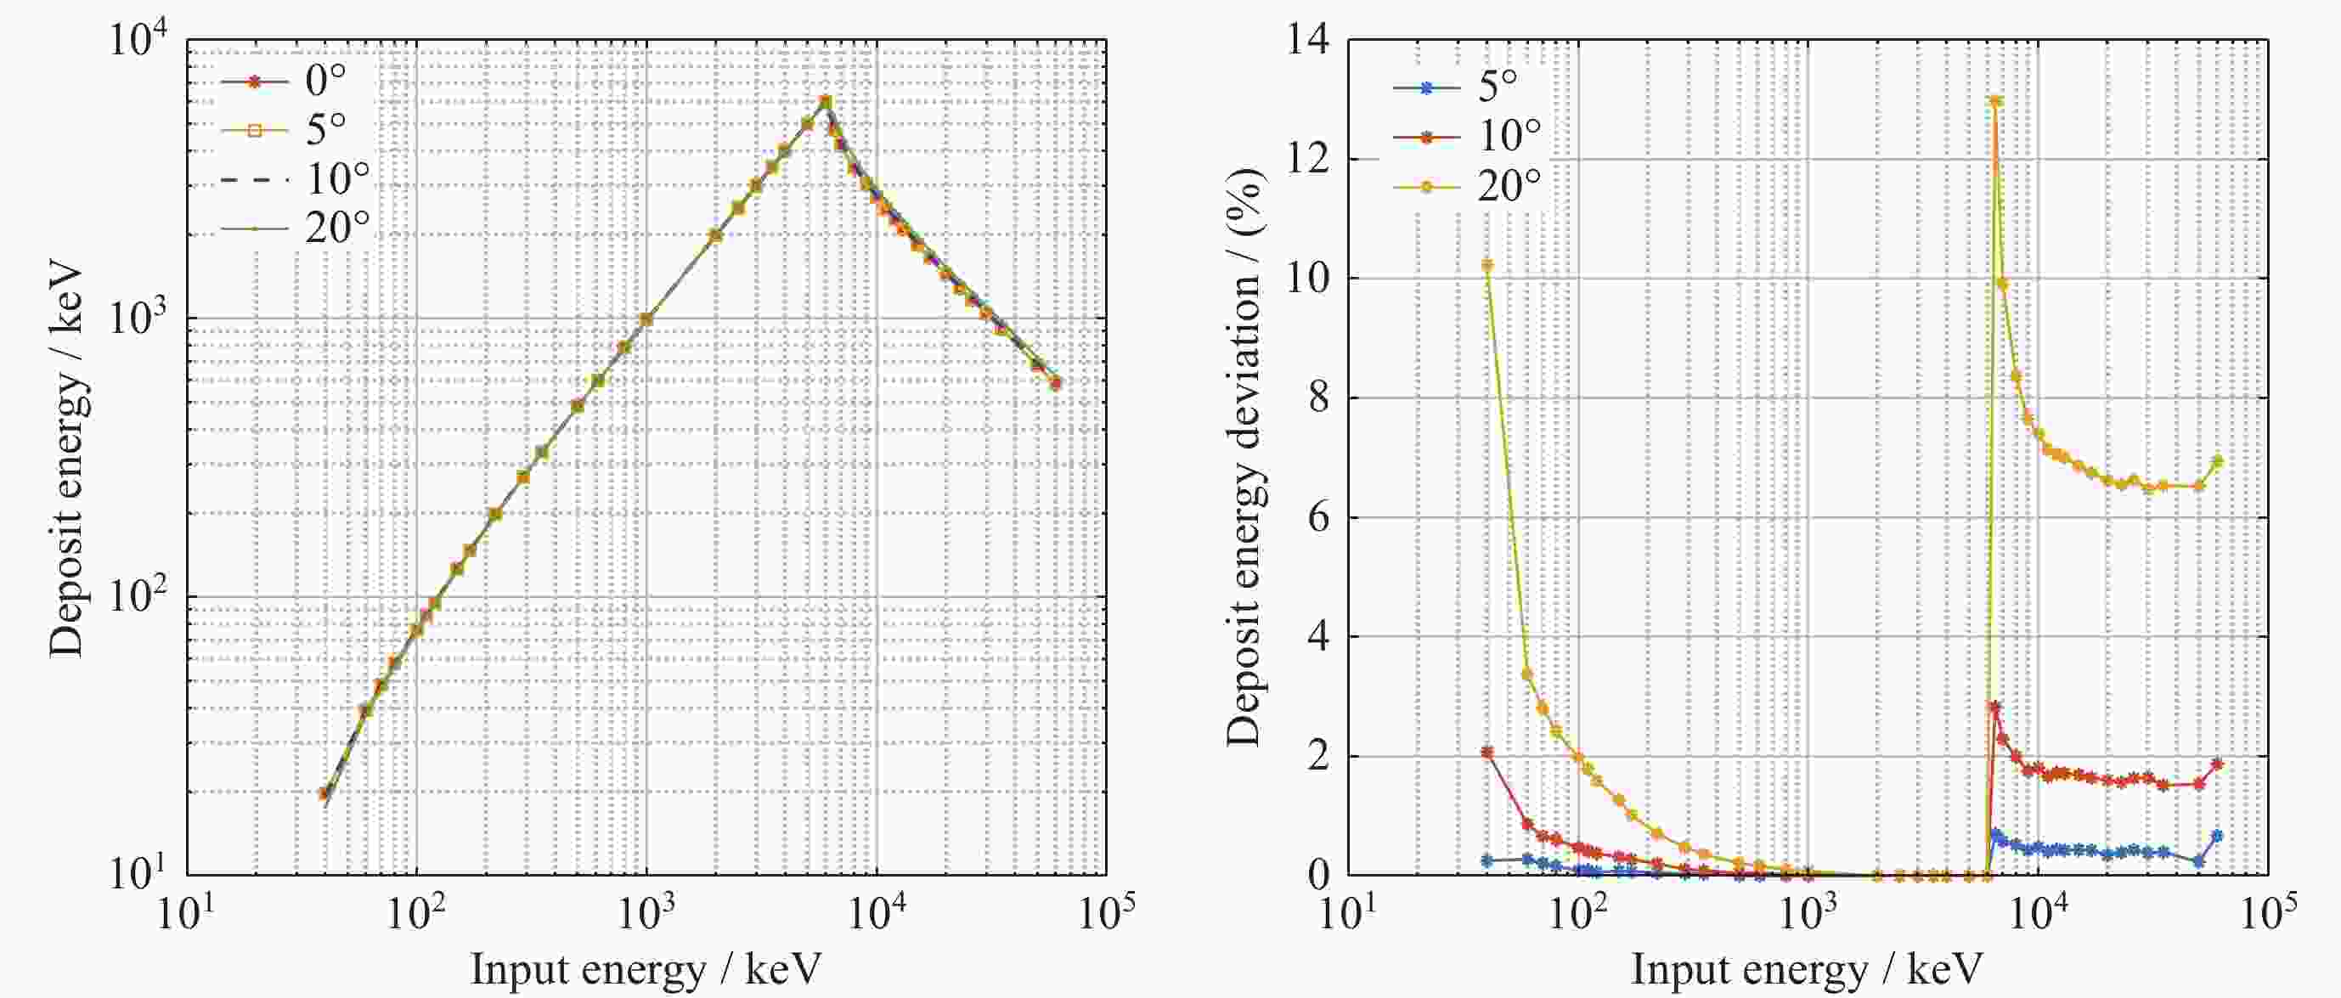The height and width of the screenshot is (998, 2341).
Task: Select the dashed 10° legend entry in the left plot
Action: click(x=296, y=180)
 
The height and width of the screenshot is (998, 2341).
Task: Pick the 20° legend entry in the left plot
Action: click(x=296, y=229)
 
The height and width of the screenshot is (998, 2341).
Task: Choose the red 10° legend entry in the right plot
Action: click(x=1468, y=138)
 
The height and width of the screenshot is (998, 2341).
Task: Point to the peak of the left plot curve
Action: click(x=825, y=100)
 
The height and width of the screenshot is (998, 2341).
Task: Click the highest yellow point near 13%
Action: click(x=1995, y=101)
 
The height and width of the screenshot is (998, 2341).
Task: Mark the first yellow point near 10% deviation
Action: click(x=1487, y=265)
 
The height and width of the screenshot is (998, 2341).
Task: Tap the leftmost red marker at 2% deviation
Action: click(x=1487, y=753)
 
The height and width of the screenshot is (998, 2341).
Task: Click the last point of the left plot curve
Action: click(x=1055, y=383)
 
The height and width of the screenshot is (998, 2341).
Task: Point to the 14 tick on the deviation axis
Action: click(x=1306, y=40)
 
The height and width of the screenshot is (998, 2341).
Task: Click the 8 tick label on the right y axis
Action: click(x=1317, y=398)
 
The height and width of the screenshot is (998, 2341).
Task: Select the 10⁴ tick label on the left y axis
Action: click(x=139, y=40)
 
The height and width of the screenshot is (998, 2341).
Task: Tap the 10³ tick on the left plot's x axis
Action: click(x=646, y=913)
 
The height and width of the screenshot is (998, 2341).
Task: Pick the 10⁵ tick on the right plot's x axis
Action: click(x=2268, y=913)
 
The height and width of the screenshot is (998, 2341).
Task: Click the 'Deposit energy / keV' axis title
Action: click(x=66, y=460)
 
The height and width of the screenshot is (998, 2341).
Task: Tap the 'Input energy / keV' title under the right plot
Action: click(x=1807, y=971)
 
